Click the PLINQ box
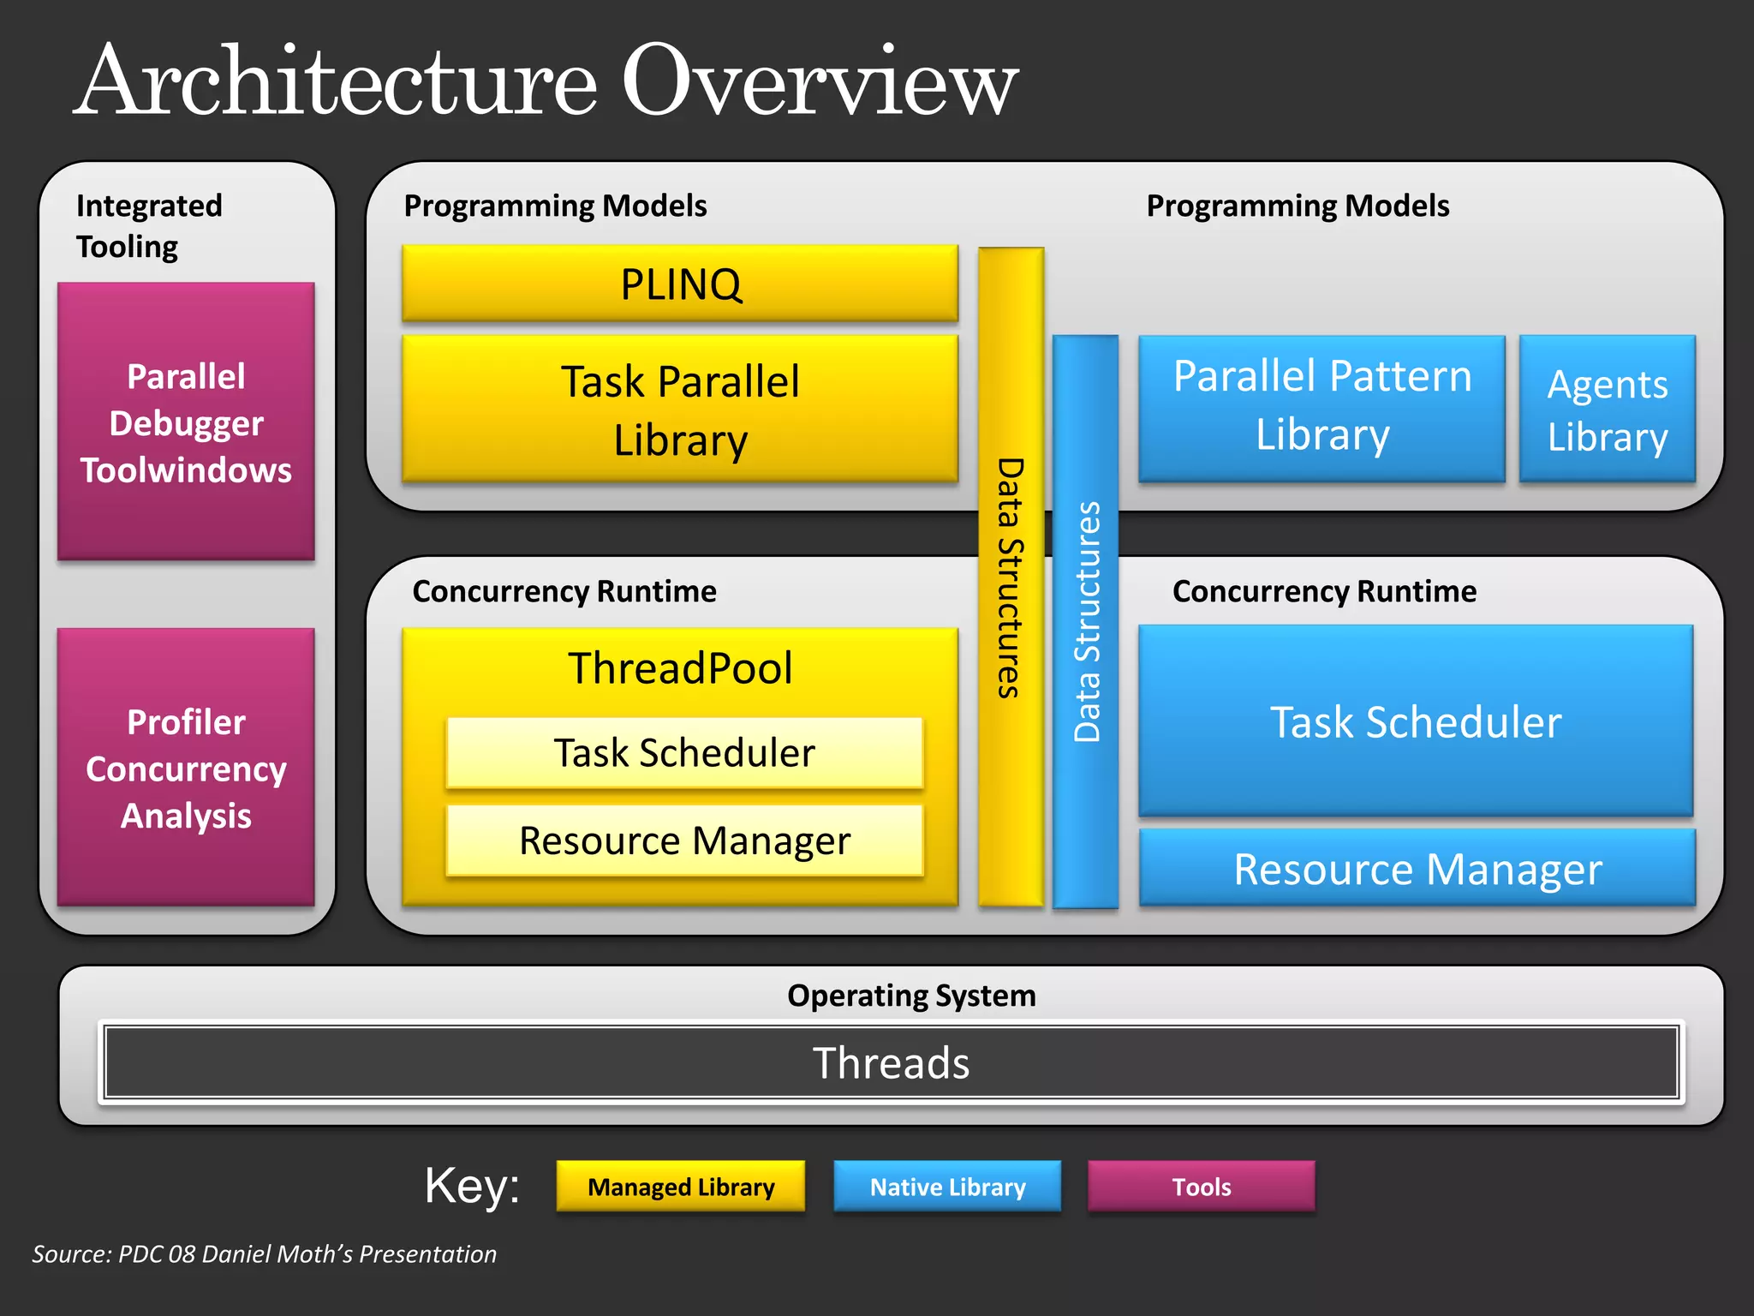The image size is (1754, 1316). (680, 284)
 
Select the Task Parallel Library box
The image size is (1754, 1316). (680, 409)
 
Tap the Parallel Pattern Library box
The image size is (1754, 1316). (1321, 407)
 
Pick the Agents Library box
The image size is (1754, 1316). (1608, 409)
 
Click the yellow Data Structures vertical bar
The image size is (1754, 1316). (1011, 576)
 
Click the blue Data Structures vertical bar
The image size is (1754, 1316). (1086, 621)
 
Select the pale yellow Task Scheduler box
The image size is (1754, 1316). (684, 753)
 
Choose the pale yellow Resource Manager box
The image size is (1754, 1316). (684, 840)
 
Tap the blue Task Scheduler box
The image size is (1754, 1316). (1416, 721)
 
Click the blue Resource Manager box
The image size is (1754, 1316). (1417, 868)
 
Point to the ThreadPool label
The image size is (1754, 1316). (680, 668)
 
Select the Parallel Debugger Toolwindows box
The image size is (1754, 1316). (186, 422)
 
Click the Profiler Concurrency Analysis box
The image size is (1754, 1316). (186, 767)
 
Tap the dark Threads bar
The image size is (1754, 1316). (891, 1062)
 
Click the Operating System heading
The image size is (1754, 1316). (911, 995)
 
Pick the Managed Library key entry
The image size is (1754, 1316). (681, 1187)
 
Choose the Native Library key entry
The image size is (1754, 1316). (947, 1187)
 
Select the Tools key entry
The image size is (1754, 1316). (1201, 1187)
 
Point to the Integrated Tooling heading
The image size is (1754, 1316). (148, 225)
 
